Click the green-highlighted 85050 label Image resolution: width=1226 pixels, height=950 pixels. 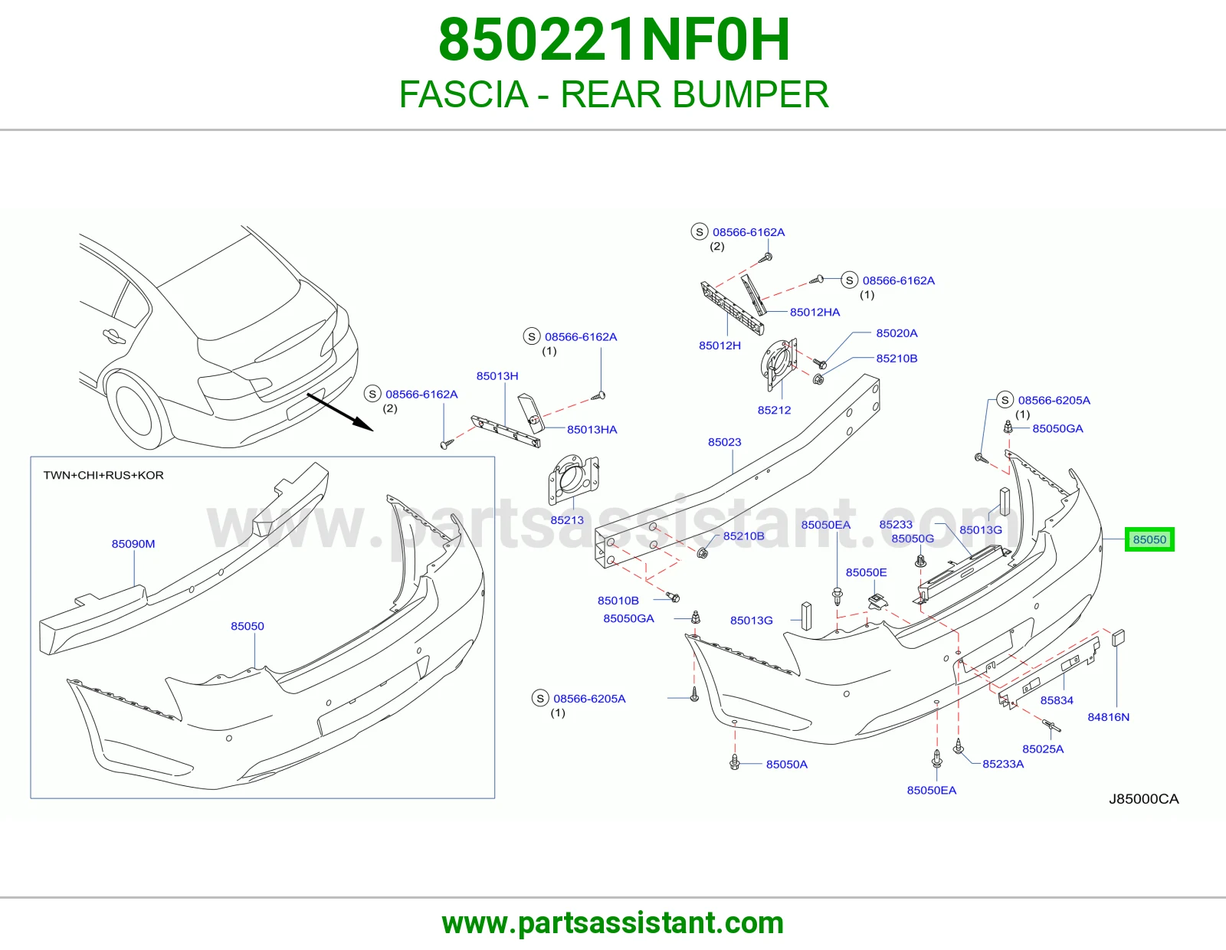coord(1149,539)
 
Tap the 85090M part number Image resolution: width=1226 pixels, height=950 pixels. coord(133,544)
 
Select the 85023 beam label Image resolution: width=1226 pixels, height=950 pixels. coord(724,442)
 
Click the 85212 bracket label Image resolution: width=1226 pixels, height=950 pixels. coord(774,410)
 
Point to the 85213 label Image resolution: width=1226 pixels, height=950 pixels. coord(567,520)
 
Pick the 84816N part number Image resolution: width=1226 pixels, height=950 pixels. coord(1109,717)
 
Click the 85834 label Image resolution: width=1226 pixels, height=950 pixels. coord(1057,700)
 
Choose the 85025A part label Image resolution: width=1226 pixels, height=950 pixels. coord(1043,749)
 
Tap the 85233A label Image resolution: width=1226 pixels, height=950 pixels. coord(1003,764)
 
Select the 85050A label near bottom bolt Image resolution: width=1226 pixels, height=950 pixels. coord(787,765)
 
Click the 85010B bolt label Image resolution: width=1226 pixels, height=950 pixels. coord(618,601)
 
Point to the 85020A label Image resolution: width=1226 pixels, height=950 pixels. coord(897,333)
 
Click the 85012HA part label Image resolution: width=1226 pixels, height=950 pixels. coord(815,312)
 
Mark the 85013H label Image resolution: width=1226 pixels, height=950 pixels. coord(497,375)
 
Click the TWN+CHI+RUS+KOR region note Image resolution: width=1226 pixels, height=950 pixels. coord(103,475)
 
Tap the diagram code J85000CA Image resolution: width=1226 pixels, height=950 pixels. coord(1143,799)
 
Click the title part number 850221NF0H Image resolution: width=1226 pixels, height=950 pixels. coord(614,40)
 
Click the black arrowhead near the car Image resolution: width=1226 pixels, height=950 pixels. coord(363,424)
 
